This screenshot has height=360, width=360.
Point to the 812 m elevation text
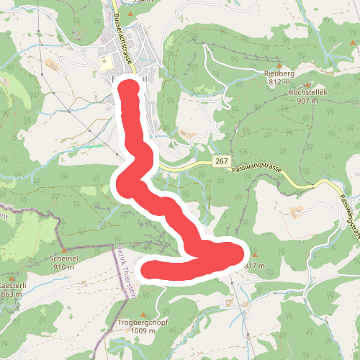279,82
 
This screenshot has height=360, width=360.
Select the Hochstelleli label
307,93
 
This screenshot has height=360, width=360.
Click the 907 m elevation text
307,102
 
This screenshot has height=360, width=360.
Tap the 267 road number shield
221,163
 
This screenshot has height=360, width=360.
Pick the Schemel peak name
65,258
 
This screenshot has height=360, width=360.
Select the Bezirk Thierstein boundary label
125,270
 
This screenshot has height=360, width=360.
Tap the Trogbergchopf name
143,322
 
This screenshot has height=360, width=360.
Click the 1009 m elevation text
143,330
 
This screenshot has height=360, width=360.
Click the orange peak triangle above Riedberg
279,65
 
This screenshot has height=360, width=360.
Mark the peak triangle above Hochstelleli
305,84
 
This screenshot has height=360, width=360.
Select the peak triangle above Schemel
65,249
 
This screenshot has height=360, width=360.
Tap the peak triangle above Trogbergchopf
144,312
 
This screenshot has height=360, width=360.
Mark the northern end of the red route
130,89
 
